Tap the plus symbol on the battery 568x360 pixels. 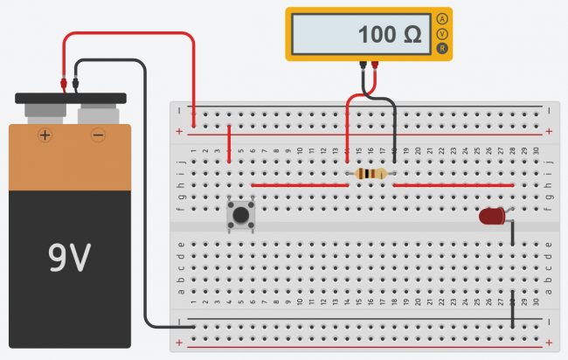tap(44, 135)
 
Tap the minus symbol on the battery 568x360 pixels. tap(98, 135)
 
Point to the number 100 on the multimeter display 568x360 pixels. tap(377, 36)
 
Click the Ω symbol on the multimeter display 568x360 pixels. tap(413, 36)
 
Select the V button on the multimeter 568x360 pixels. tap(443, 33)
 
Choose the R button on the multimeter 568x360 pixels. tap(443, 48)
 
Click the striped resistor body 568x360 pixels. tap(371, 175)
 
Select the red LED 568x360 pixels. tap(492, 217)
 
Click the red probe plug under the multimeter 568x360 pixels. tap(374, 66)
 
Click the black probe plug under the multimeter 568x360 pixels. tap(363, 66)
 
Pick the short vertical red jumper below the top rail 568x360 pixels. tap(229, 144)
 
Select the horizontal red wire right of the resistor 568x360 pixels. tap(453, 185)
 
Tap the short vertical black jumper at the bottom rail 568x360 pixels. tap(512, 312)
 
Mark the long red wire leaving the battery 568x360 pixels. tap(131, 34)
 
